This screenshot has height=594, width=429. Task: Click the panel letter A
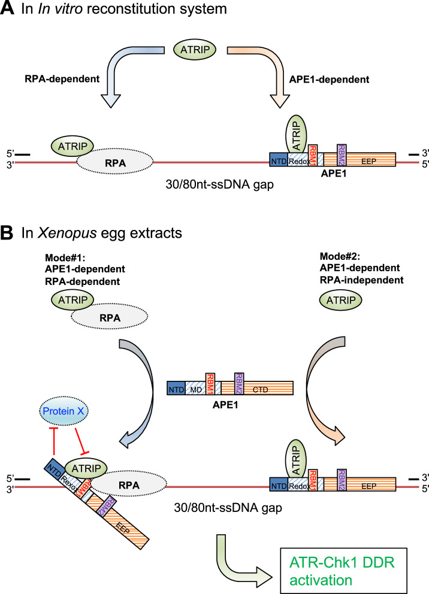pos(8,11)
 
